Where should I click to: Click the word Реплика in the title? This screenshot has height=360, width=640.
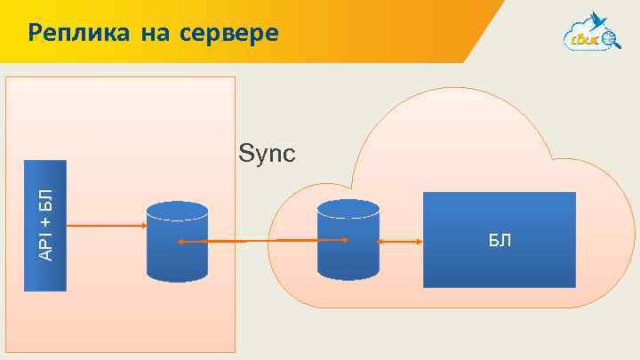(x=77, y=34)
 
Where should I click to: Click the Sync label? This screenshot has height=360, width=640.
(x=267, y=155)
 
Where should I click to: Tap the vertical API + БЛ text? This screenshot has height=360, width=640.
(x=45, y=225)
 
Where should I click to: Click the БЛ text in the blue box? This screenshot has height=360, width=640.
(x=499, y=240)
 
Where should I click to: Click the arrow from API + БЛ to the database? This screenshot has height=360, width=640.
(x=105, y=226)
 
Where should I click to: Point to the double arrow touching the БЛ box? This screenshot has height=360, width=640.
(x=400, y=241)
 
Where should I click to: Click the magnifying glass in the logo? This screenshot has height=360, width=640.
(x=610, y=38)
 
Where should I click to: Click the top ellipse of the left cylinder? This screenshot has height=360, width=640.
(x=177, y=211)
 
